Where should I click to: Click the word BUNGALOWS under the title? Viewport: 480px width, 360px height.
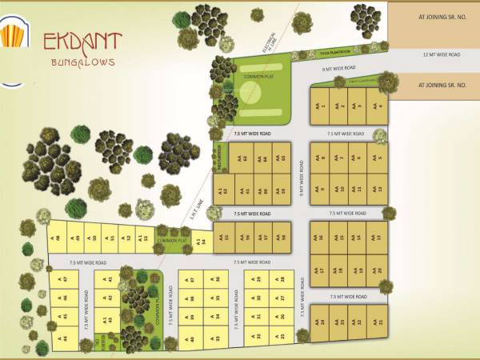pyautogui.click(x=83, y=62)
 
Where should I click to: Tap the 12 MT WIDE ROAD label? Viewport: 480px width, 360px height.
pyautogui.click(x=442, y=54)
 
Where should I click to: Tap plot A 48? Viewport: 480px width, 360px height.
pyautogui.click(x=57, y=238)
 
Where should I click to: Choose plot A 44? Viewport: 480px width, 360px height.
pyautogui.click(x=64, y=337)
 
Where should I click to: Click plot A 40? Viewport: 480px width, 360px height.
pyautogui.click(x=191, y=336)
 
